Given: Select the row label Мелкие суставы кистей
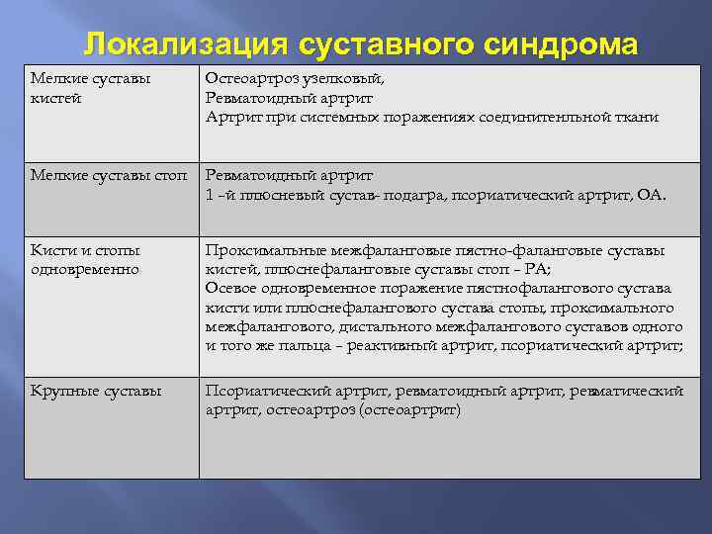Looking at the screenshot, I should pyautogui.click(x=90, y=88).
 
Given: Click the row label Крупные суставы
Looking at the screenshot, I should pyautogui.click(x=96, y=391).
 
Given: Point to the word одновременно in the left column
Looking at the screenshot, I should pyautogui.click(x=85, y=269).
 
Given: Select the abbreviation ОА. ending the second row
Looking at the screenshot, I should pyautogui.click(x=652, y=195).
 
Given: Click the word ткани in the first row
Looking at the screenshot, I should pyautogui.click(x=638, y=117).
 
